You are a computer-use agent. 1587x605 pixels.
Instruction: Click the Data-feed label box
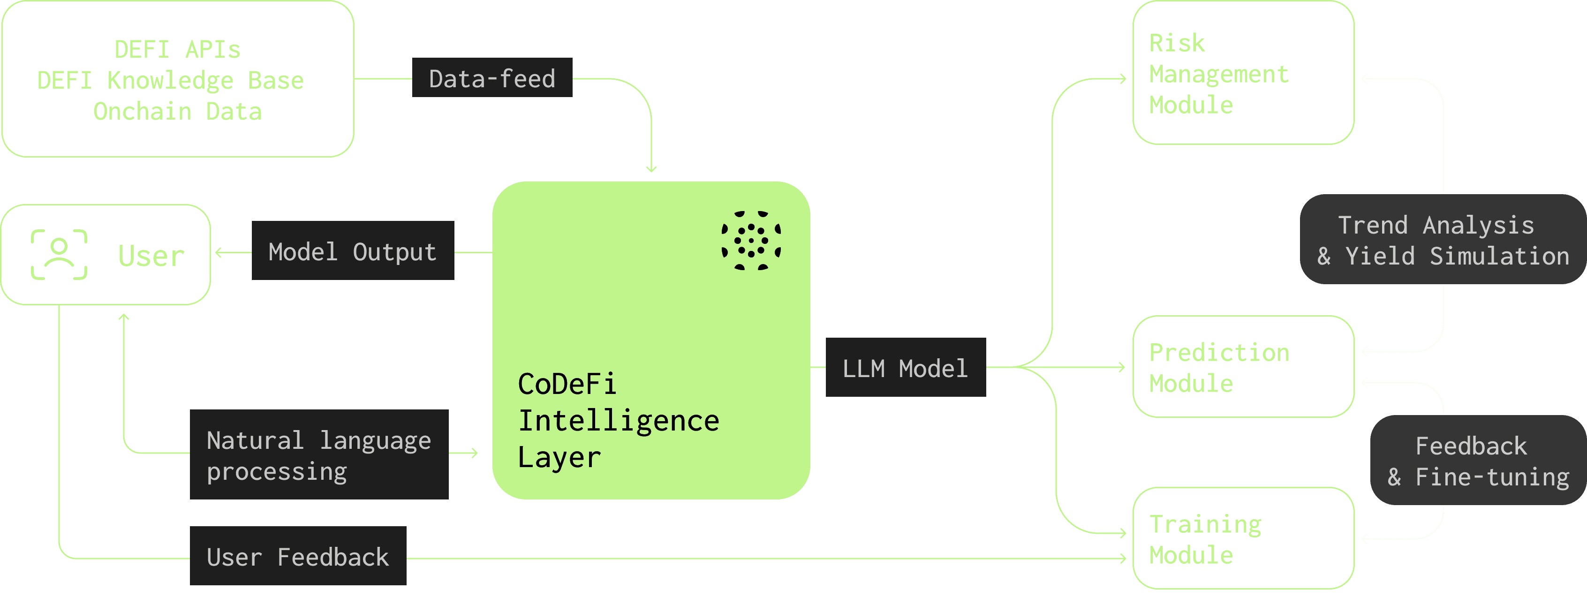[x=491, y=78]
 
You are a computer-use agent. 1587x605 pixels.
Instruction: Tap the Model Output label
[x=352, y=251]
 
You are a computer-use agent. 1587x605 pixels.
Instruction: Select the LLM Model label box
[x=905, y=367]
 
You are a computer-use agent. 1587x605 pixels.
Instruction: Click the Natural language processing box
[x=318, y=454]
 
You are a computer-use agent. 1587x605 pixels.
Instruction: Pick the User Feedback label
[x=297, y=556]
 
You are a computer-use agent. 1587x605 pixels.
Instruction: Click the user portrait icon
[x=59, y=255]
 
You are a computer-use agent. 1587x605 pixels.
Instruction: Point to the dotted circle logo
[x=751, y=240]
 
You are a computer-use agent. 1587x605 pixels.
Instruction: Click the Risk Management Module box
[x=1243, y=73]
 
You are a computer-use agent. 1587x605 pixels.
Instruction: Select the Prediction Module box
[x=1243, y=367]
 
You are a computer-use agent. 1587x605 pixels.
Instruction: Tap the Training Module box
[x=1243, y=538]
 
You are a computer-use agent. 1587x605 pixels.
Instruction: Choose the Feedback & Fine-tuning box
[x=1477, y=460]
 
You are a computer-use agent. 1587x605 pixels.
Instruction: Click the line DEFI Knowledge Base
[x=171, y=81]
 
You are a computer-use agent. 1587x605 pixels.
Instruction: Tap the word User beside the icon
[x=151, y=256]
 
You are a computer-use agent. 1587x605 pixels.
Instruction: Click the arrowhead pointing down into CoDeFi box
[x=651, y=169]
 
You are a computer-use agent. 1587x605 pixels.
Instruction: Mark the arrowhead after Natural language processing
[x=475, y=454]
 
